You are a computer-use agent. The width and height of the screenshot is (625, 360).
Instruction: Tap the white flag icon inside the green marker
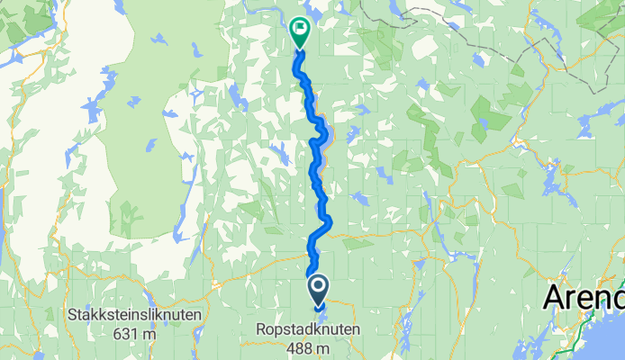pos(299,28)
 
